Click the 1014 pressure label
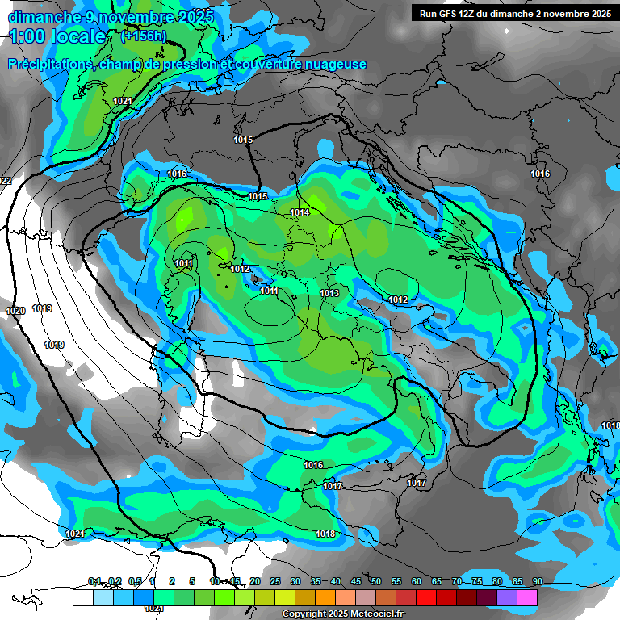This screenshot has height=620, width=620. (x=300, y=212)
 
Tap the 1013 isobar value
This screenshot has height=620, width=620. (x=329, y=293)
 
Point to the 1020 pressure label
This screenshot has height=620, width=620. (x=15, y=311)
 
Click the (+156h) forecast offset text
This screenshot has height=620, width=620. (x=143, y=36)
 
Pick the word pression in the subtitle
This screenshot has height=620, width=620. (x=185, y=65)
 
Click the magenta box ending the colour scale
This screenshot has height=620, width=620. (x=527, y=597)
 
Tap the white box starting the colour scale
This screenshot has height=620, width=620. (x=82, y=597)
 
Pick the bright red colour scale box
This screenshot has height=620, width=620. (x=426, y=597)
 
